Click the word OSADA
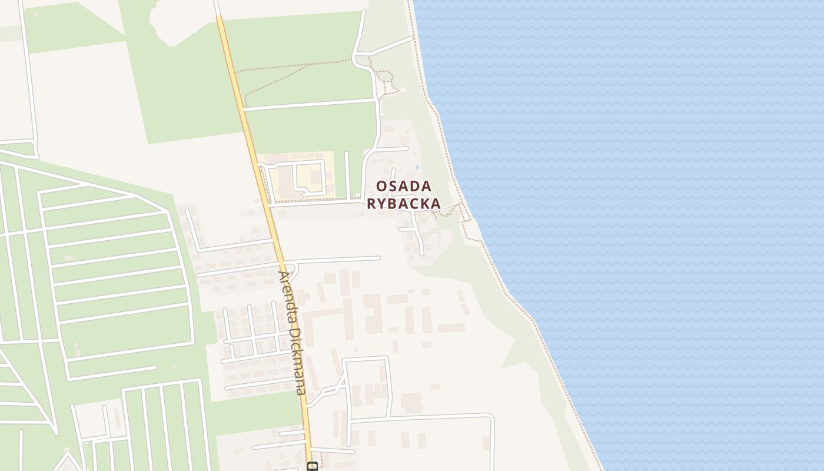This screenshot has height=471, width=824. [x=404, y=186]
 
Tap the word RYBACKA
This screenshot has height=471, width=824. [x=404, y=204]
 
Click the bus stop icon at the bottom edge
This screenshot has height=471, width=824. [x=312, y=467]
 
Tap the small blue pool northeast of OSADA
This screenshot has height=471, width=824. [x=417, y=167]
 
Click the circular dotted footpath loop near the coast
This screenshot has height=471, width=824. [x=386, y=79]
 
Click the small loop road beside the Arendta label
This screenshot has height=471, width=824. [x=293, y=270]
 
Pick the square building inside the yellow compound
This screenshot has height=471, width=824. [x=316, y=177]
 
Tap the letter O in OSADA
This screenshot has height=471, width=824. [x=382, y=186]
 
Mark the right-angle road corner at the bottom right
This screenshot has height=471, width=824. [x=491, y=417]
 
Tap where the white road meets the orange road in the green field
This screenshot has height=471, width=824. [x=243, y=109]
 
